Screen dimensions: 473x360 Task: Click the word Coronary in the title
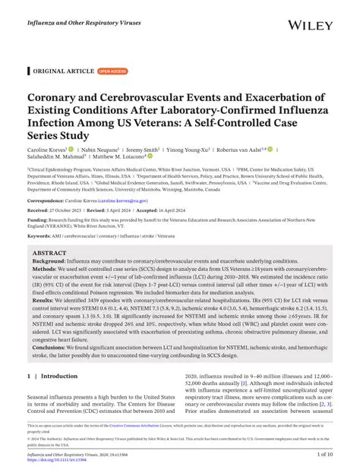[58, 98]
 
